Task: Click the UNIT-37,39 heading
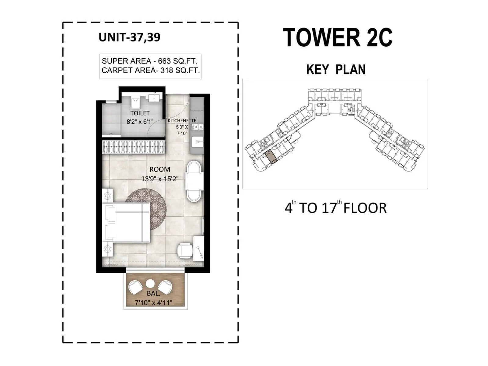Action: click(x=129, y=37)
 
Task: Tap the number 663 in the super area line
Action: click(x=164, y=61)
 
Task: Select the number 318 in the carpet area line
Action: click(x=167, y=70)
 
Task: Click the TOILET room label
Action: click(x=140, y=113)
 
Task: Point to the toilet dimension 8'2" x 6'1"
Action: click(x=140, y=122)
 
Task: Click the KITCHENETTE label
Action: click(x=182, y=121)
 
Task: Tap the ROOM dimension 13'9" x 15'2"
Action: click(x=160, y=179)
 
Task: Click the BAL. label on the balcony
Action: click(x=153, y=293)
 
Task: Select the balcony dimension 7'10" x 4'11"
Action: click(x=154, y=303)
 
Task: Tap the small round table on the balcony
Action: click(x=150, y=284)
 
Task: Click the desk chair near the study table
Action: click(x=185, y=250)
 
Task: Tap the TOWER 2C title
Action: click(x=337, y=38)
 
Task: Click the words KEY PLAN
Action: click(x=336, y=70)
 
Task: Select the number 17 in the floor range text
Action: click(x=329, y=208)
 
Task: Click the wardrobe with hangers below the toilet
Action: click(x=133, y=147)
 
